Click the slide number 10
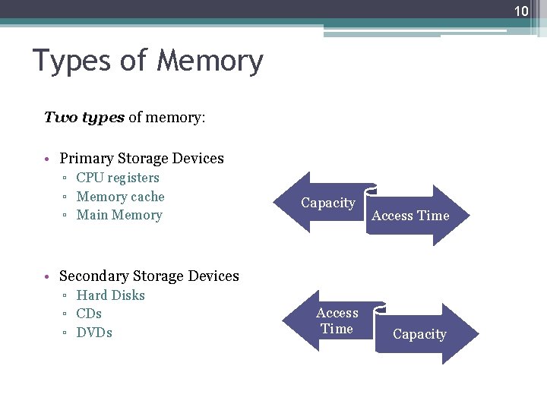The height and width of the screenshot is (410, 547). coord(521,11)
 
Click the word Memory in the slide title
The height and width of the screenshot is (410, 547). coord(210,61)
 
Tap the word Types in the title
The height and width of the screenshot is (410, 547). coord(74,61)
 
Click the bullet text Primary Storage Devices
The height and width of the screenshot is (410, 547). coord(141,159)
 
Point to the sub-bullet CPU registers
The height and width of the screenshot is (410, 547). coord(118,178)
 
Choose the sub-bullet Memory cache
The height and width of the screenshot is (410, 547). coord(120,197)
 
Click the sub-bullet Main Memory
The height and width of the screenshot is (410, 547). coord(119,215)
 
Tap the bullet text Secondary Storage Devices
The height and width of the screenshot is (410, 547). coord(149,276)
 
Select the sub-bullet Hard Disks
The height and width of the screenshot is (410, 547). coord(110,295)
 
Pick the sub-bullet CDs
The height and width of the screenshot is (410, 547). coord(89,314)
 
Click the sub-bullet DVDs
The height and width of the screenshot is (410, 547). coord(94,333)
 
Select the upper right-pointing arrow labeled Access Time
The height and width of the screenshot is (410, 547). coord(414,216)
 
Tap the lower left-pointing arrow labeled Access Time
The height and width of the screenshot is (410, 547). coord(334,320)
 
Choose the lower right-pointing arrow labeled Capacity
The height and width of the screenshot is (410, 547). coord(422,334)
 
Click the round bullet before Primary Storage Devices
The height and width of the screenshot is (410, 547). coord(47,159)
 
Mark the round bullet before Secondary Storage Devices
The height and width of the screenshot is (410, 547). coord(47,277)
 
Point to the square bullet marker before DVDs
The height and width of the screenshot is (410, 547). coord(66,334)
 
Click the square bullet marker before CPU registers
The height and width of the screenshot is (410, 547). coord(66,179)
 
